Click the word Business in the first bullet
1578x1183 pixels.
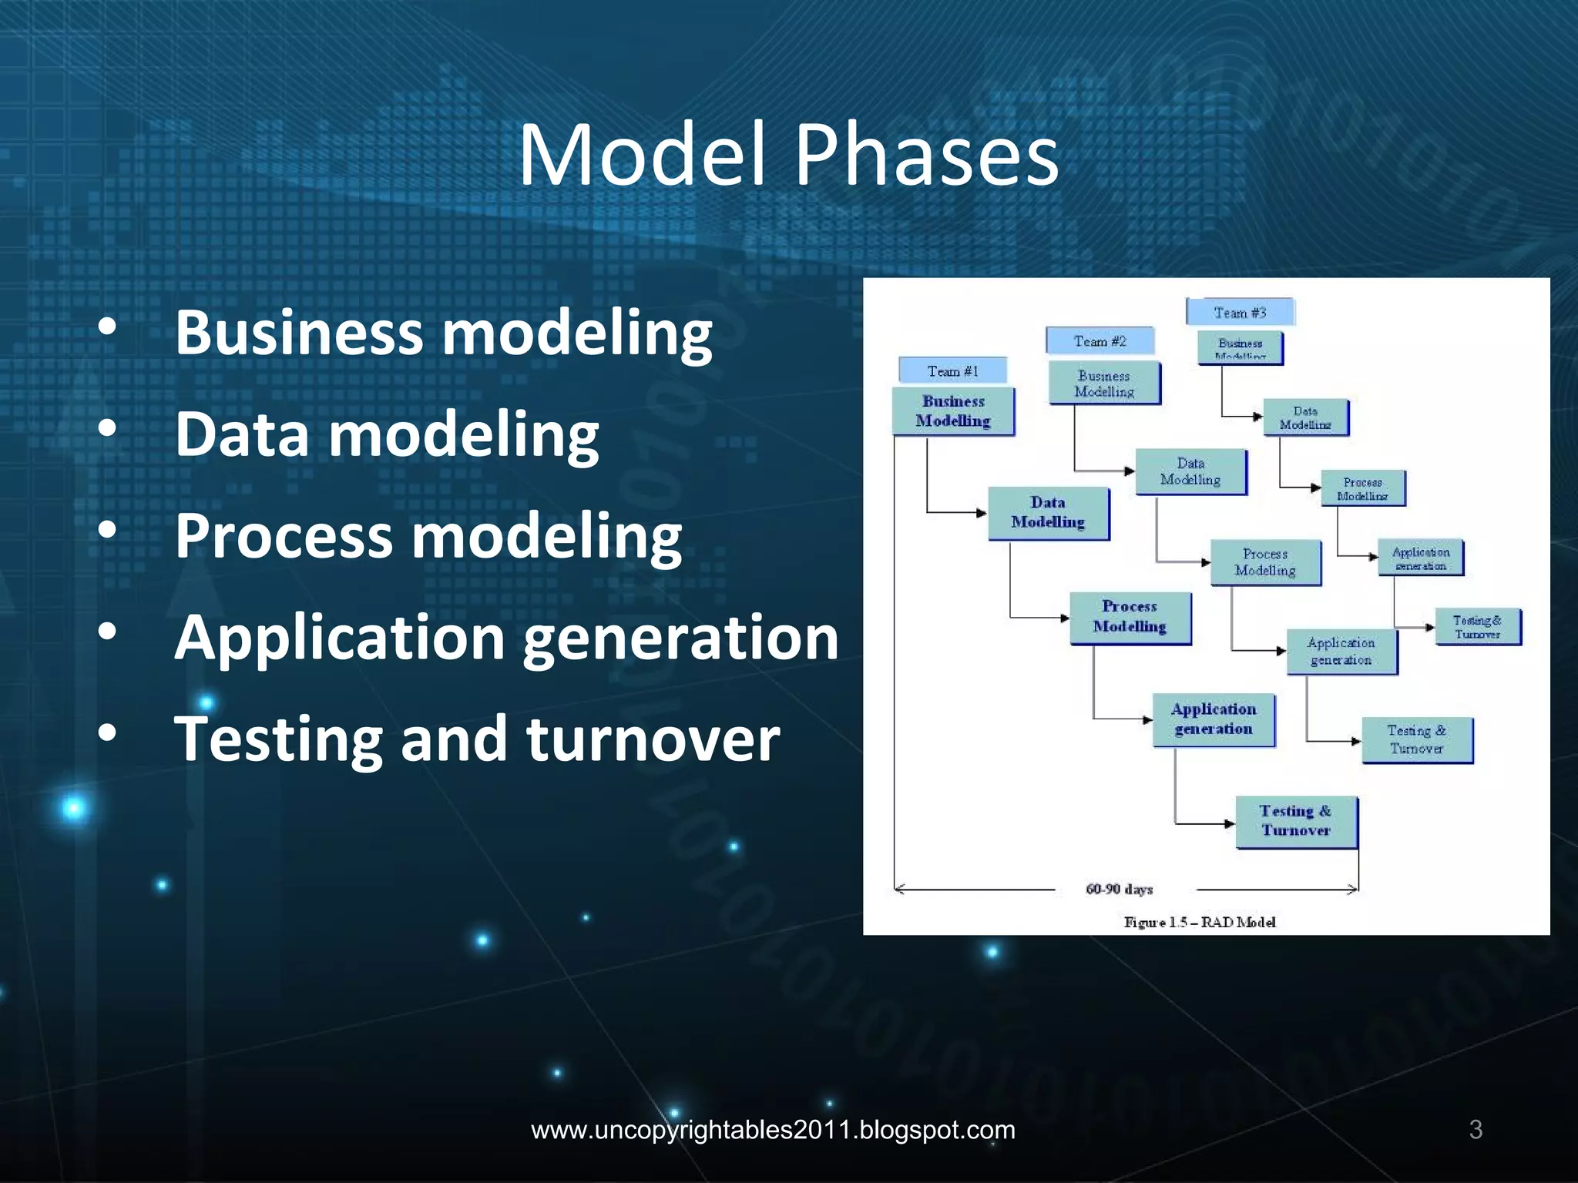coord(299,333)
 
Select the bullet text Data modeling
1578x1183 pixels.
coord(387,434)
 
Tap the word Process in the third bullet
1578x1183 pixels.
coord(284,536)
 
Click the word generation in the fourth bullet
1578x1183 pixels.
coord(680,638)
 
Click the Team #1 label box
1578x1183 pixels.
coord(952,370)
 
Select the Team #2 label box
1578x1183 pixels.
coord(1100,340)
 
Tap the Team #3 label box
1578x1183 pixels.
coord(1240,312)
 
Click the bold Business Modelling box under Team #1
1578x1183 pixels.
coord(953,411)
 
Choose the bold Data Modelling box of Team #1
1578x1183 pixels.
coord(1048,513)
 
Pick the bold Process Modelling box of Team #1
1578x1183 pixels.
coord(1130,617)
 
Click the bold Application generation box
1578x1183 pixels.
coord(1214,719)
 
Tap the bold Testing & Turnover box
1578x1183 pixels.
coord(1296,821)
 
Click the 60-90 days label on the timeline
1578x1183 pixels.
coord(1119,890)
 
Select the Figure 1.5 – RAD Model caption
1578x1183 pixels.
coord(1200,922)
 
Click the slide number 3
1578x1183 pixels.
coord(1476,1129)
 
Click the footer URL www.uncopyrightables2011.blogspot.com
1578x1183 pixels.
coord(773,1130)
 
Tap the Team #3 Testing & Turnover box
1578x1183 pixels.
coord(1477,627)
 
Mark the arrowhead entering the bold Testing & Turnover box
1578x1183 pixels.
coord(1231,823)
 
